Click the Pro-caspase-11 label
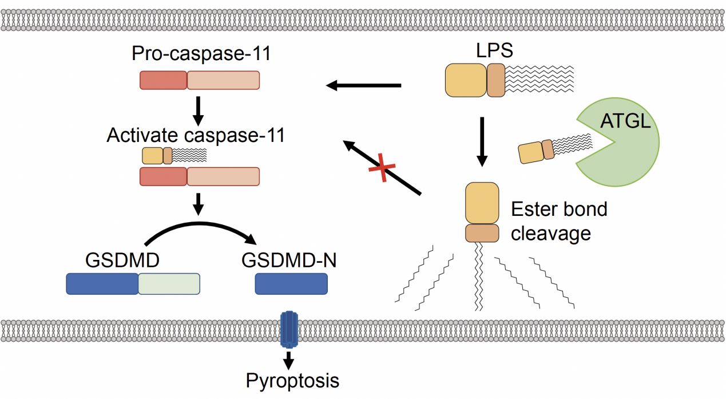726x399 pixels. tap(200, 54)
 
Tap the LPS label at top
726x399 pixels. tap(494, 50)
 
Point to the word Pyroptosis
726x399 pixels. tap(292, 380)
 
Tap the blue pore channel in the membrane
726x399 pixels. tap(289, 330)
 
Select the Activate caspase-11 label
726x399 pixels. tap(196, 136)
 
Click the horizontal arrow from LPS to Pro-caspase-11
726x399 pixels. tap(363, 86)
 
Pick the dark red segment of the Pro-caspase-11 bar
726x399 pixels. tap(164, 80)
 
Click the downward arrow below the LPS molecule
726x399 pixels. tap(482, 141)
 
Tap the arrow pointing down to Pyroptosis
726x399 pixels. tap(289, 360)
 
